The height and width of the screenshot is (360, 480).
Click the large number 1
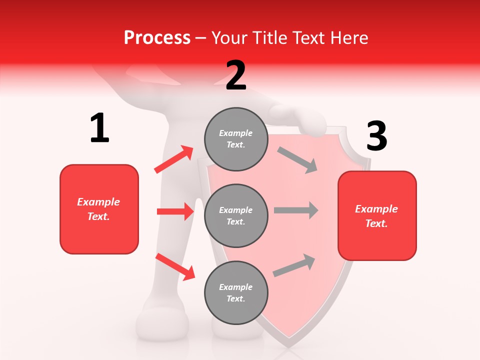[99, 128]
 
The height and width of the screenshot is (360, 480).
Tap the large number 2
[236, 76]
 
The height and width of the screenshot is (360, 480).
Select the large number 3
[376, 136]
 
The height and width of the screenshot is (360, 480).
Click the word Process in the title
[157, 37]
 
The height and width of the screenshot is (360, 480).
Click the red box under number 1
[99, 209]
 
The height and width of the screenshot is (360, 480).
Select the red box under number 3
[377, 215]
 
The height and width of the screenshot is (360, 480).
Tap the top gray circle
[236, 139]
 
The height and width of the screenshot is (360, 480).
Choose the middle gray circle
[236, 215]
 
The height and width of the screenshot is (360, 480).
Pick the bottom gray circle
[236, 292]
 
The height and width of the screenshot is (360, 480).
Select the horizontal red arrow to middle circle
[175, 211]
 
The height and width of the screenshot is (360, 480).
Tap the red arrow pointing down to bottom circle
[175, 266]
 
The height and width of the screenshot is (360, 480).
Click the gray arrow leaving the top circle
[297, 160]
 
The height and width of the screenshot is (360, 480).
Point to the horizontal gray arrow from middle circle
[296, 210]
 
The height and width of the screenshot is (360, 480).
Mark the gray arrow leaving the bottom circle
[294, 265]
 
